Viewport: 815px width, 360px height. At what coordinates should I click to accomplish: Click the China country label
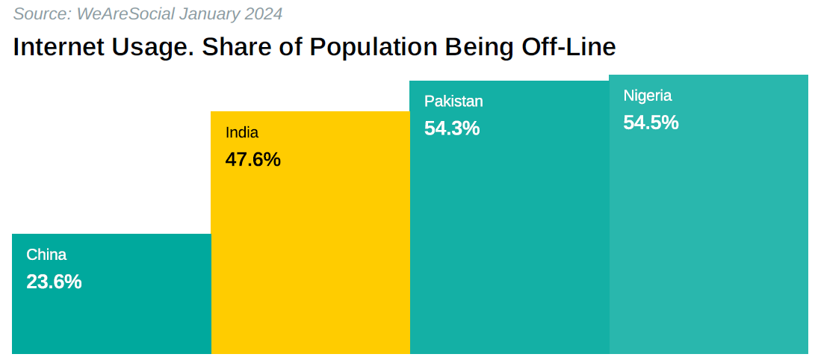click(x=46, y=255)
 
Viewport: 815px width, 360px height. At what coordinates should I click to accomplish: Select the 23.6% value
click(x=54, y=282)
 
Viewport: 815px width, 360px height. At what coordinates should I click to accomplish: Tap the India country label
click(x=242, y=133)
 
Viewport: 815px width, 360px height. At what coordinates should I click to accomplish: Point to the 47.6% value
click(x=252, y=160)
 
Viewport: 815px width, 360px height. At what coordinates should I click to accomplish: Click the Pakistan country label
click(x=453, y=102)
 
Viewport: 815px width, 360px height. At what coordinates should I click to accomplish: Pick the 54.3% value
click(x=452, y=128)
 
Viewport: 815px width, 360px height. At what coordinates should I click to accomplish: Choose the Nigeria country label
click(x=648, y=96)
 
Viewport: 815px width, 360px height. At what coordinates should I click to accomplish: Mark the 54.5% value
click(x=651, y=122)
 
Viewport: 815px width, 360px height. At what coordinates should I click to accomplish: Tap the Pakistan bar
click(x=509, y=239)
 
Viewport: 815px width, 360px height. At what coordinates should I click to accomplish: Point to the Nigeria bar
click(x=708, y=239)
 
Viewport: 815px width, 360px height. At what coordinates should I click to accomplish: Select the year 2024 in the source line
click(x=264, y=13)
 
